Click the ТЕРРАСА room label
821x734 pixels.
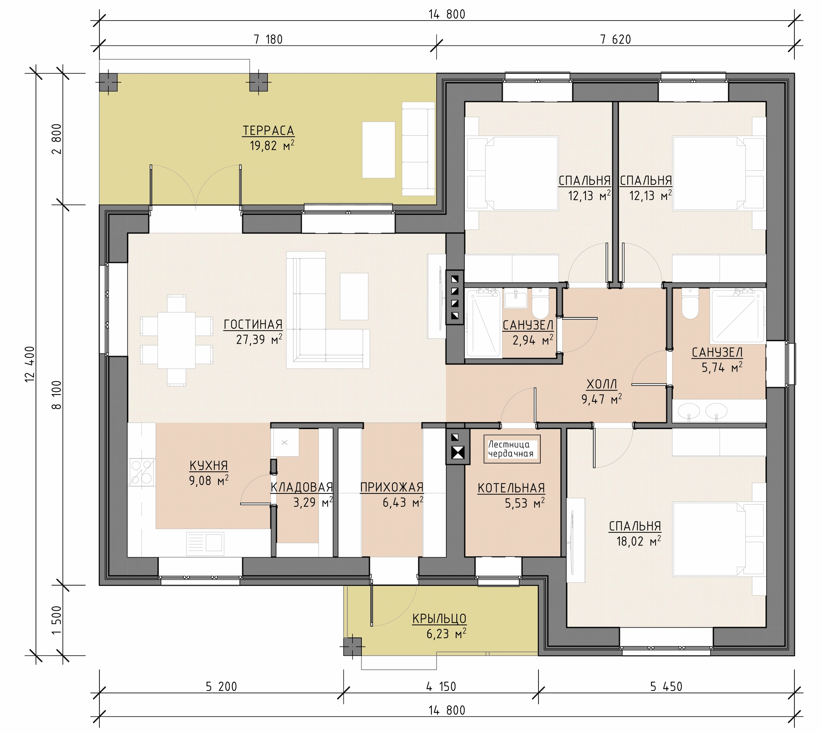268,131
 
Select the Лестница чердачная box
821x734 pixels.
512,449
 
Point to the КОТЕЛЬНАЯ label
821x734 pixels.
511,488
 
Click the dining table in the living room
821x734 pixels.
177,340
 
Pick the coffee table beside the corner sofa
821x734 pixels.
354,296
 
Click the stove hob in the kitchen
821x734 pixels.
141,472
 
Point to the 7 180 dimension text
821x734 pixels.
268,39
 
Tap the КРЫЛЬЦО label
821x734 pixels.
439,619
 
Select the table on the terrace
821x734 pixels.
378,150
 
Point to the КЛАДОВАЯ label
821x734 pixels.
302,487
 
